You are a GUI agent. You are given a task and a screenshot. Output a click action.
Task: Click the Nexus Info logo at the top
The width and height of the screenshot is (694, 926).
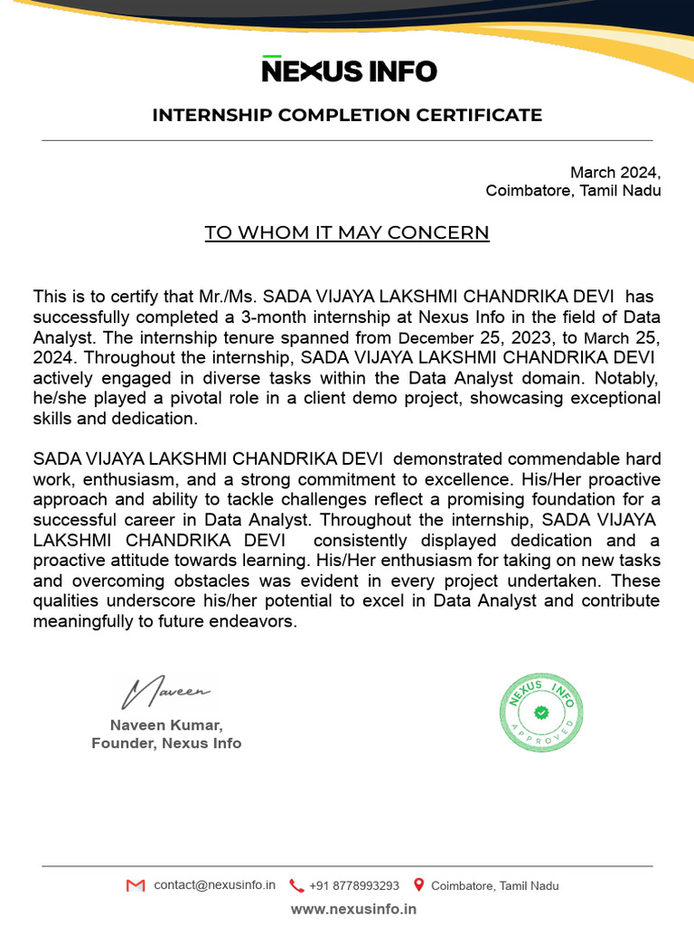[349, 70]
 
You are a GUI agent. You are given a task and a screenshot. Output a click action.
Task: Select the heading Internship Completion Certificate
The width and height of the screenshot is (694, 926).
[347, 115]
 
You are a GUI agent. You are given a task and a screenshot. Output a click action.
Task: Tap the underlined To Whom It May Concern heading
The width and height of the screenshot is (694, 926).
[347, 232]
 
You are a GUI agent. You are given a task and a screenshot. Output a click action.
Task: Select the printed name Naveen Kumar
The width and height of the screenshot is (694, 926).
[166, 725]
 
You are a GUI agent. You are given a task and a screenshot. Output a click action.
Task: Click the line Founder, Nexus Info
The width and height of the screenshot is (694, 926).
[166, 743]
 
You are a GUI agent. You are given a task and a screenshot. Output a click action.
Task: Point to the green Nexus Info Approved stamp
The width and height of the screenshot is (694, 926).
[542, 713]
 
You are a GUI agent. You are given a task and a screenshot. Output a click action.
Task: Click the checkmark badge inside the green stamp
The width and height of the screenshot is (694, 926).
[541, 713]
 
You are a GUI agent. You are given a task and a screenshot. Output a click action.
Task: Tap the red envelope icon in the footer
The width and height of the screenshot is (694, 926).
[136, 885]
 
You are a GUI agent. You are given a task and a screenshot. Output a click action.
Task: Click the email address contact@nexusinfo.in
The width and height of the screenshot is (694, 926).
[214, 885]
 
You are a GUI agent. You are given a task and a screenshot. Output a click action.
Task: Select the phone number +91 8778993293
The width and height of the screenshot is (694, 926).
[353, 886]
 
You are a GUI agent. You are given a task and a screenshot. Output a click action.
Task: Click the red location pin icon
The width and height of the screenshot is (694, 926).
[418, 885]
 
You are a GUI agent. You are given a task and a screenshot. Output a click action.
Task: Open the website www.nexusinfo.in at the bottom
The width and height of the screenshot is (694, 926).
[353, 909]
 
